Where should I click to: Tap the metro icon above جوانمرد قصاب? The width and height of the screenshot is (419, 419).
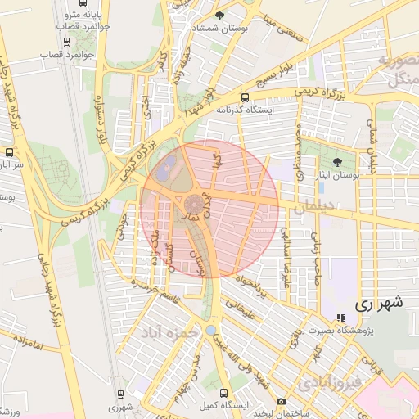[66, 42]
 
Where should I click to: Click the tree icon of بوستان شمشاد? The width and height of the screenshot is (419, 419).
[219, 16]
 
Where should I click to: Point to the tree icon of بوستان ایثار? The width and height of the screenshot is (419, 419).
[338, 162]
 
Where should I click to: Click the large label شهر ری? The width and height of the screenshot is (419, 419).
[379, 304]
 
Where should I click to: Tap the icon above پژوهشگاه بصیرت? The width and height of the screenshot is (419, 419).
[340, 318]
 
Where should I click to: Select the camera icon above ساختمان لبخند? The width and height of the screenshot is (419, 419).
[282, 401]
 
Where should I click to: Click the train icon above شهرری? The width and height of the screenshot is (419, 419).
[121, 394]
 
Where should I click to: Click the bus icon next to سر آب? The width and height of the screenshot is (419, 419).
[9, 151]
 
